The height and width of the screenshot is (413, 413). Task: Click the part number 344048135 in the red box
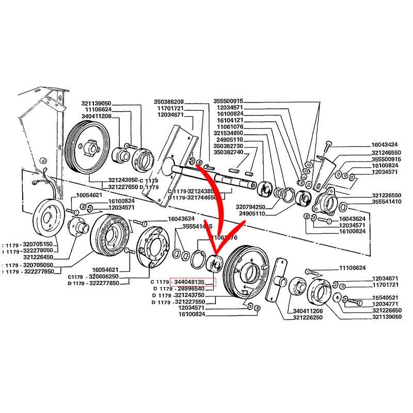point(193,282)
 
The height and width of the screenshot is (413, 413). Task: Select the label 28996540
point(193,289)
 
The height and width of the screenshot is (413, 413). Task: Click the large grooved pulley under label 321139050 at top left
point(87,147)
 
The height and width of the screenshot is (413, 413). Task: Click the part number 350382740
point(228,153)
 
